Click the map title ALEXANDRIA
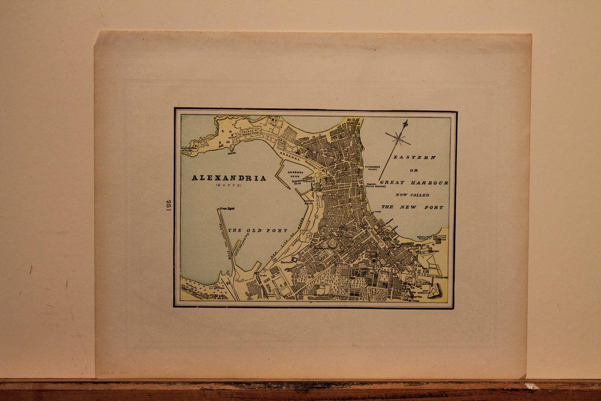tap(229, 178)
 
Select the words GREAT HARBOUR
tap(414, 183)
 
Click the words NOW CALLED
tap(414, 195)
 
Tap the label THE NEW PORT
tap(413, 207)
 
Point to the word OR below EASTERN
tap(414, 170)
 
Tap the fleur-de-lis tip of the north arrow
tap(405, 123)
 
